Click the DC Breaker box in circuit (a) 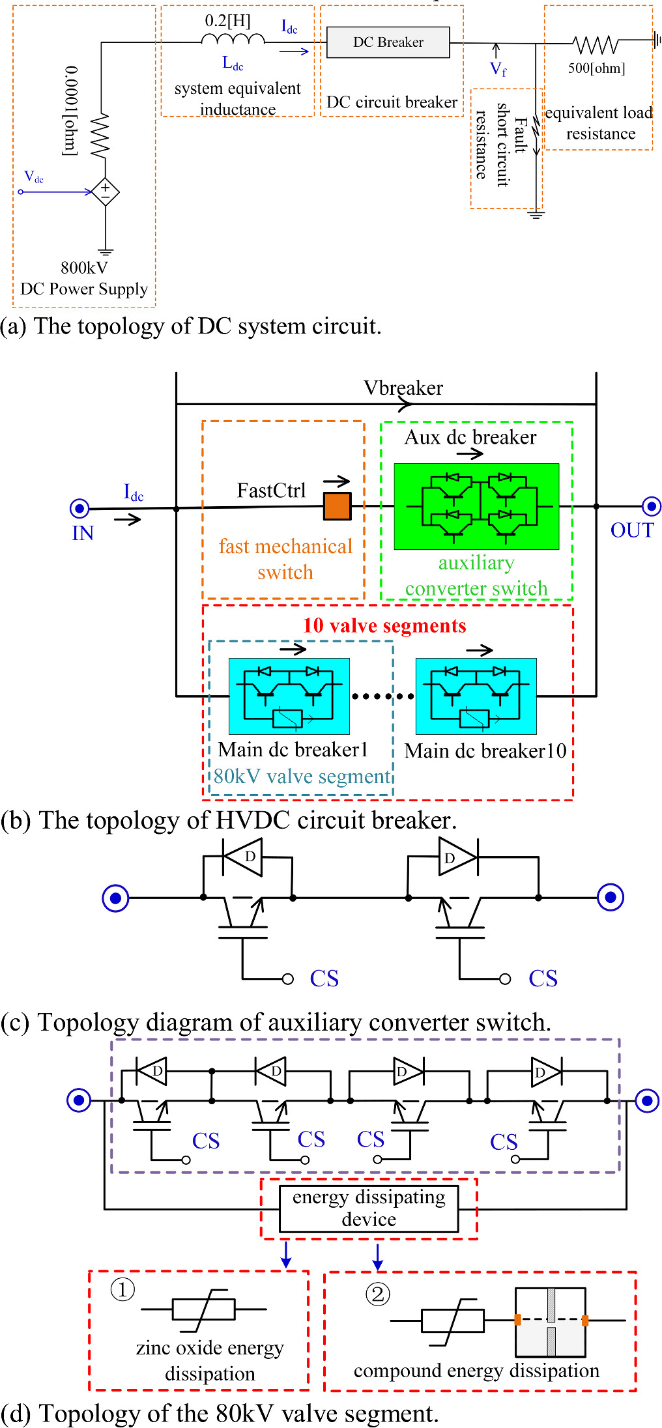388,42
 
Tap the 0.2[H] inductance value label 227,20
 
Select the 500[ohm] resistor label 596,68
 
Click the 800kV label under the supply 84,268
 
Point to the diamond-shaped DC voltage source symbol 105,192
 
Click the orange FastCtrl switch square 337,506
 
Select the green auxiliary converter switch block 476,506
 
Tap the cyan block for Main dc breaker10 476,696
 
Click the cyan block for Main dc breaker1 289,696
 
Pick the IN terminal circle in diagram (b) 79,508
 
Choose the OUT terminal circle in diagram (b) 651,506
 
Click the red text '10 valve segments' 384,625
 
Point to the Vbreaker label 403,388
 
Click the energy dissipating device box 369,1208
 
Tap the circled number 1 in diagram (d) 122,1289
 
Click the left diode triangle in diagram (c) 244,857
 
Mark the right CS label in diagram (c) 543,978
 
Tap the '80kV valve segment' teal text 302,777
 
